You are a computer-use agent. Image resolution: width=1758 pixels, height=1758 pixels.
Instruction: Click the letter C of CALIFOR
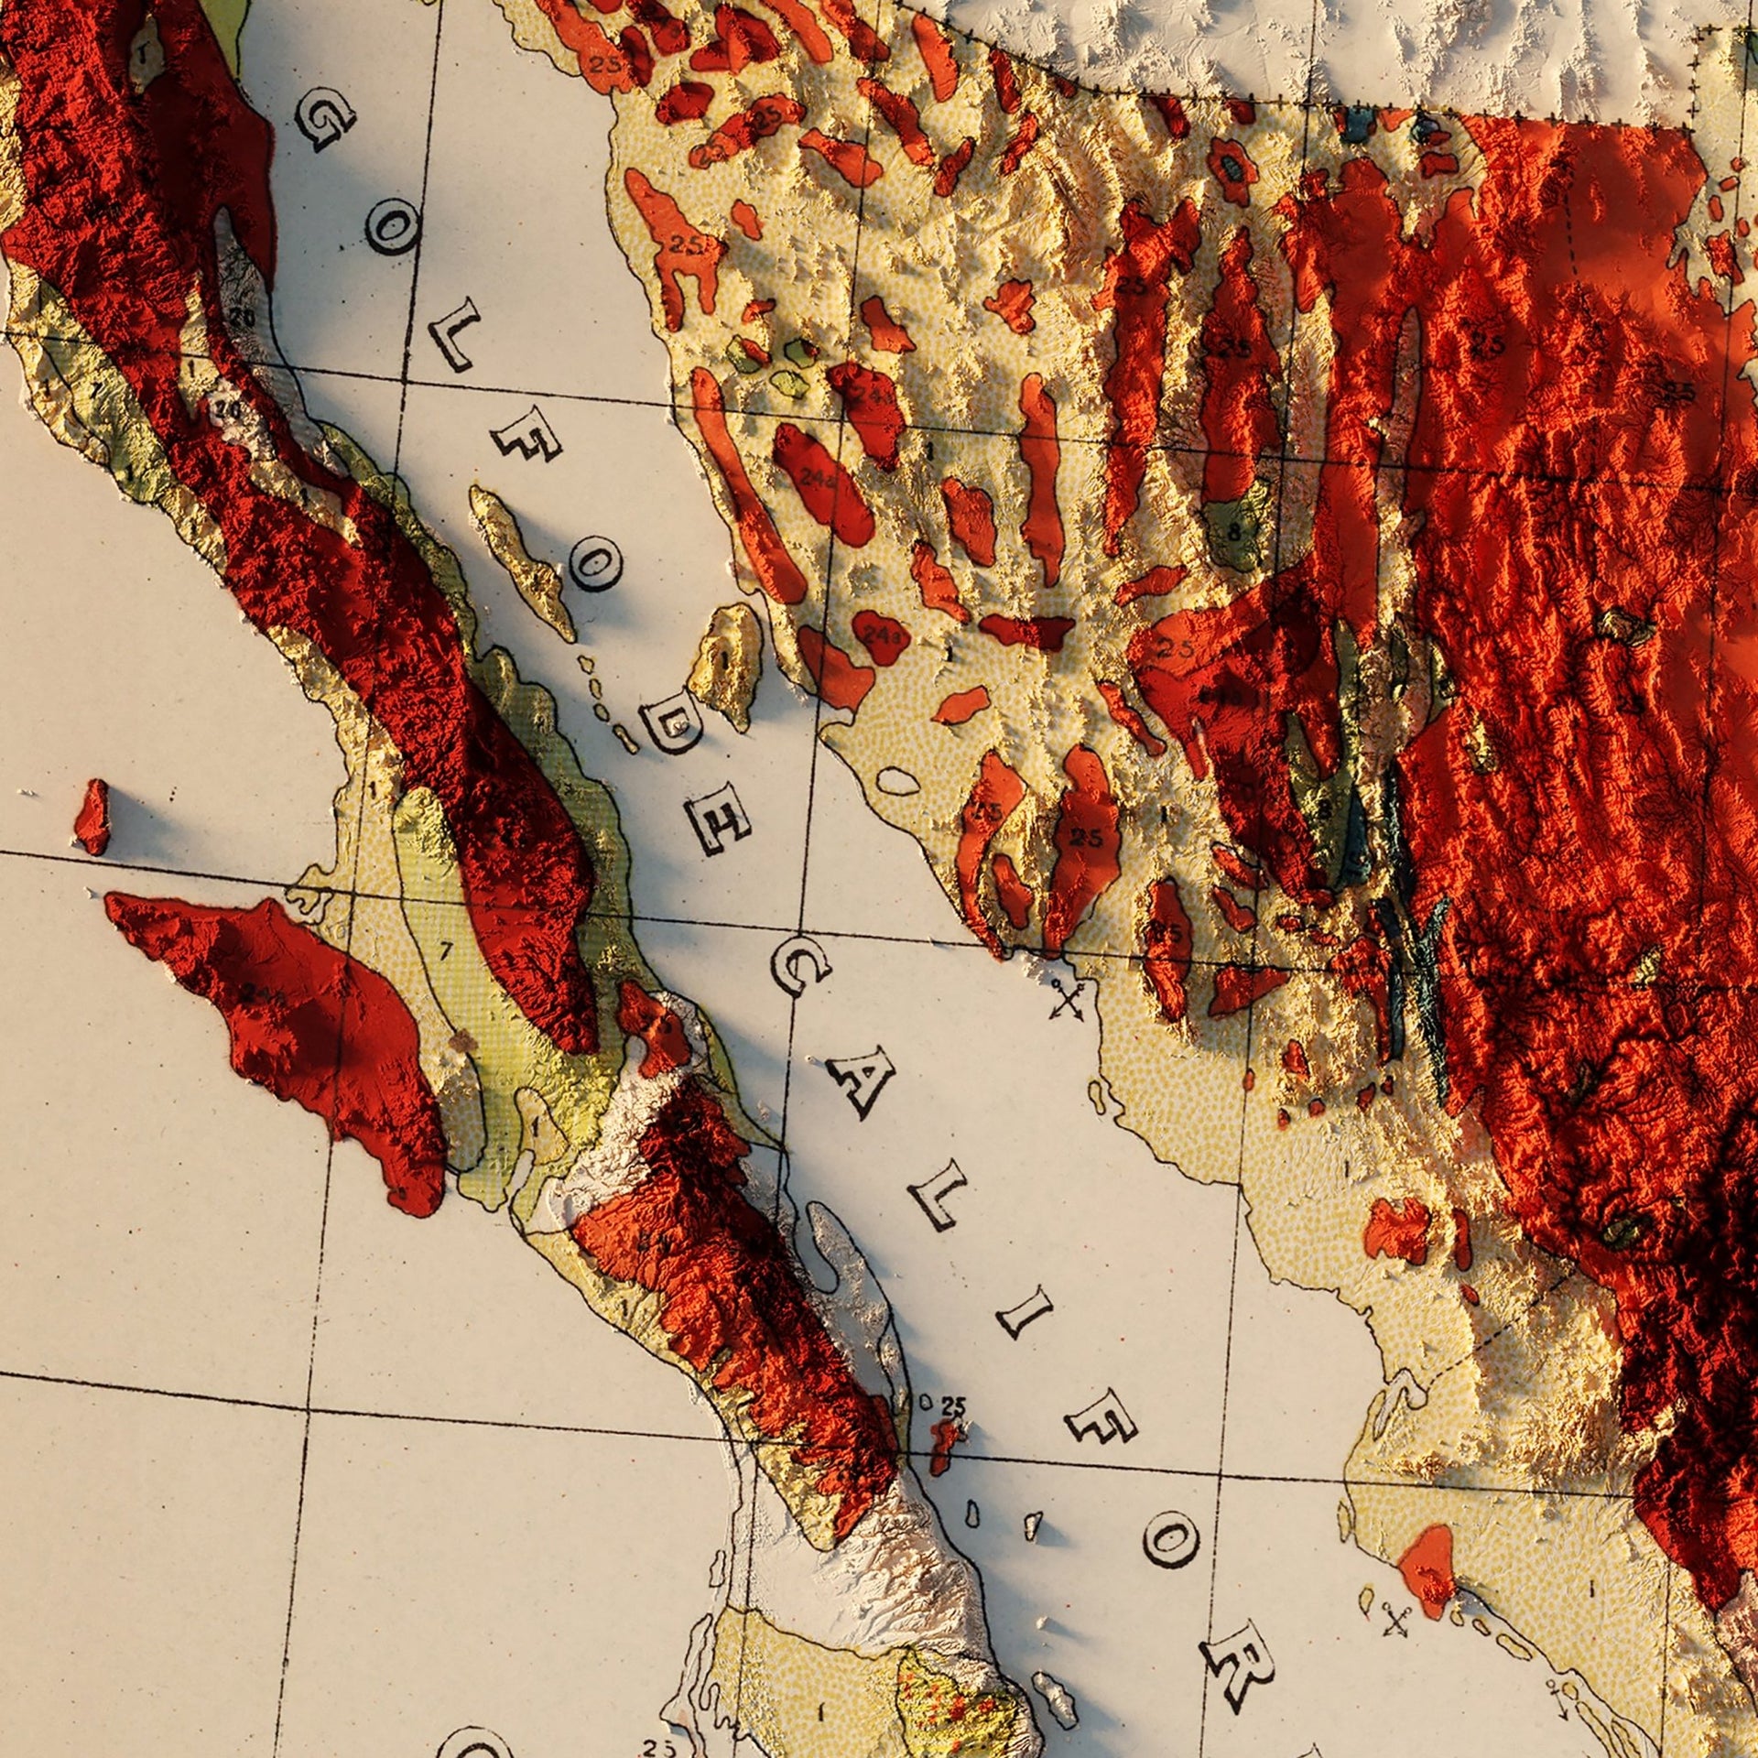pyautogui.click(x=801, y=969)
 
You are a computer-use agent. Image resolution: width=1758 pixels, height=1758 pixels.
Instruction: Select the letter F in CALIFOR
pyautogui.click(x=1100, y=1429)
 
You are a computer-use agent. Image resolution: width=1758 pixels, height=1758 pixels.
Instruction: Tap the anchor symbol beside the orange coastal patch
pyautogui.click(x=1395, y=1621)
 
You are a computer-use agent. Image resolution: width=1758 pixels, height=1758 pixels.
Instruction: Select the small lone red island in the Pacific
pyautogui.click(x=92, y=817)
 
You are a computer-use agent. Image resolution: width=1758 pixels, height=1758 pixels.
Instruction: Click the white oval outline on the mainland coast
pyautogui.click(x=897, y=780)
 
